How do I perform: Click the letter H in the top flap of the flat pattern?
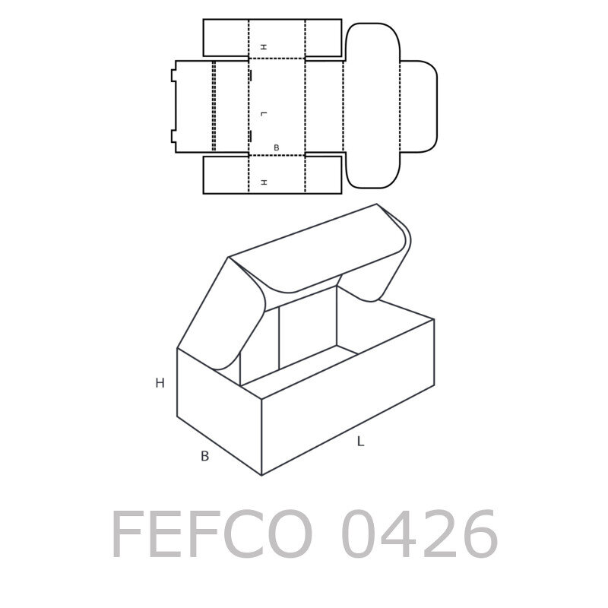click(x=264, y=47)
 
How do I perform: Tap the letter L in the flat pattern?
click(x=264, y=114)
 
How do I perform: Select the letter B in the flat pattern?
click(x=276, y=147)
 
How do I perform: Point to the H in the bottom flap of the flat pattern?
click(x=264, y=182)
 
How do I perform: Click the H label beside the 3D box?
click(x=160, y=383)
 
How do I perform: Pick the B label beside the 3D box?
click(x=204, y=456)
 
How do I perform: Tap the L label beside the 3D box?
click(x=360, y=442)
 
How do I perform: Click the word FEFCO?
click(x=212, y=534)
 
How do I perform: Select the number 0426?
click(x=420, y=534)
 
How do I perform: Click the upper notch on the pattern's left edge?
click(x=173, y=75)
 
